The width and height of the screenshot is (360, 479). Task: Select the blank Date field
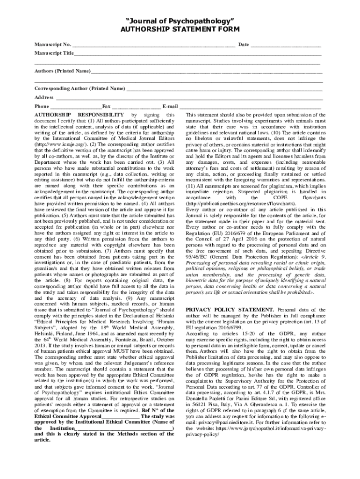(286, 44)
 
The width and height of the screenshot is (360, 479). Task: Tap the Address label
(44, 97)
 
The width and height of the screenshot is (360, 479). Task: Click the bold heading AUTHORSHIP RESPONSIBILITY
(79, 115)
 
